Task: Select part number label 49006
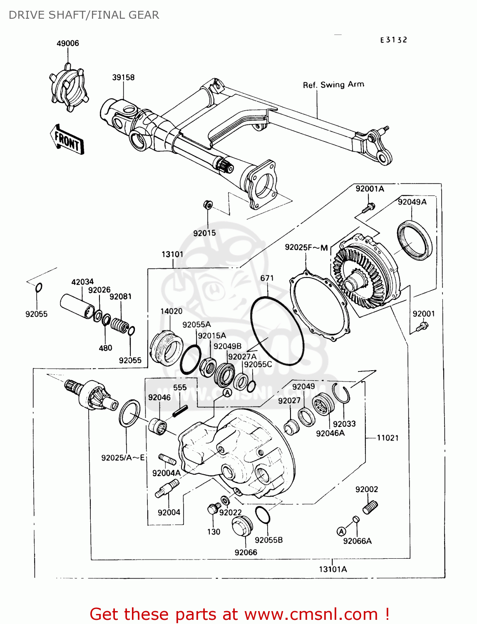pos(68,44)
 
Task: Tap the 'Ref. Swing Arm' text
pos(333,85)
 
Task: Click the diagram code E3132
pos(394,40)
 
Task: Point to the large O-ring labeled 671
pos(277,331)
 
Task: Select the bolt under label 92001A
pos(368,208)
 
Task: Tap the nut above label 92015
pos(208,205)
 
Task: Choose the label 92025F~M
pos(306,248)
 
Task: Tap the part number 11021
pos(388,438)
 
